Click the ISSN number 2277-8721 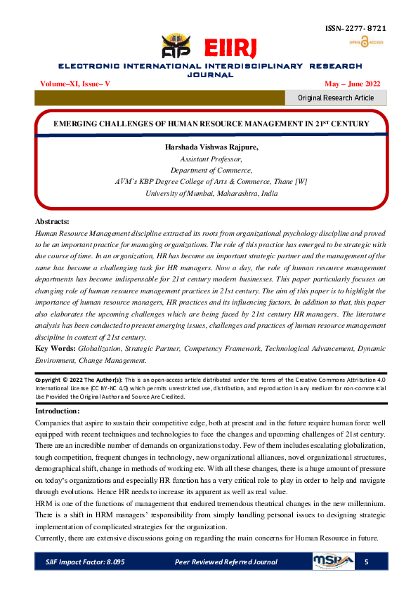(355, 29)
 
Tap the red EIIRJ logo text (226, 48)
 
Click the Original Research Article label (336, 98)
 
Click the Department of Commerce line (209, 170)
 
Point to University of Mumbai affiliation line (209, 192)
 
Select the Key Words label (55, 348)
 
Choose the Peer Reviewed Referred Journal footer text (226, 562)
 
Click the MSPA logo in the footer (332, 562)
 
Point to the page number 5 (366, 562)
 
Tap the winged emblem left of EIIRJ (176, 47)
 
